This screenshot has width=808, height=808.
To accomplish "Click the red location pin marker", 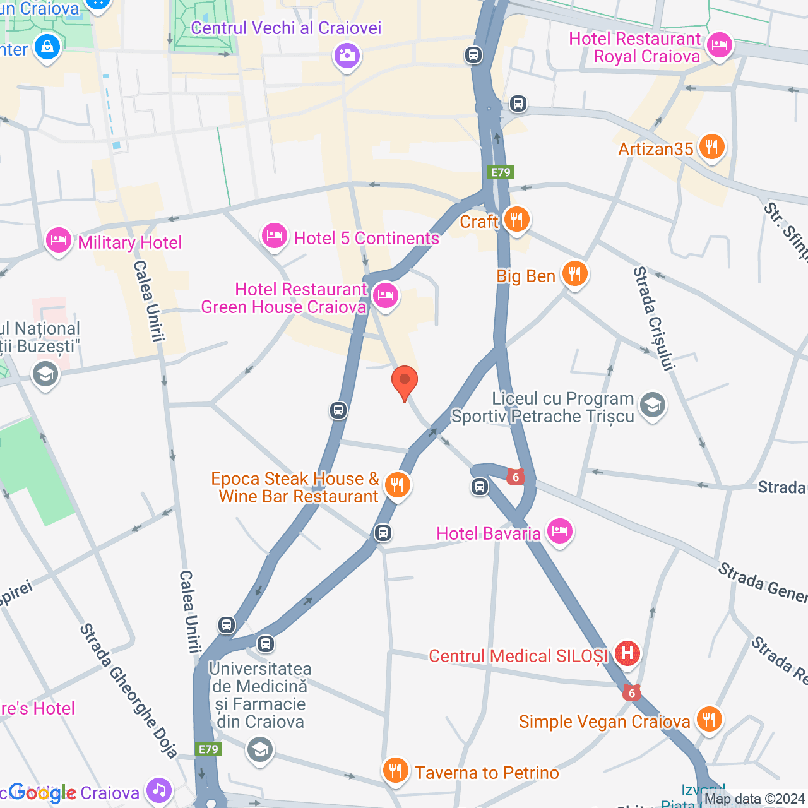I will tap(405, 382).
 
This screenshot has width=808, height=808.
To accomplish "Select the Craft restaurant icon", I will tap(516, 220).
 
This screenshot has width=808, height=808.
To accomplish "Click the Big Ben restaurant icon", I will tap(574, 274).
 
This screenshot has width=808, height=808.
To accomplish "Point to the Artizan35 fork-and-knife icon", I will tap(711, 147).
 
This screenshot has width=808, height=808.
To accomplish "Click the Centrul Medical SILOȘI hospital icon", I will tap(627, 653).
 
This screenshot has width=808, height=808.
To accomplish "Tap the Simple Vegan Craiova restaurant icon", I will tap(709, 719).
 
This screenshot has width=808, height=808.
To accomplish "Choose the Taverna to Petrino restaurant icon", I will tap(395, 771).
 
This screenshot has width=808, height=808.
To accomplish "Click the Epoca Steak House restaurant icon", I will tap(397, 485).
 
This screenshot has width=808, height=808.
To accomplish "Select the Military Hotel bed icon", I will tap(58, 241).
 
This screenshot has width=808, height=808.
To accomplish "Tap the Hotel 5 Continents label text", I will tap(366, 238).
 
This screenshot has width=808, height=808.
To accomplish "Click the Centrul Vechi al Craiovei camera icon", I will tap(347, 56).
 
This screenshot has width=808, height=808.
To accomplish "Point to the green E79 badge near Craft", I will tap(501, 172).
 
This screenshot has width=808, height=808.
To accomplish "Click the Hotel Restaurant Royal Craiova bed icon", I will tap(720, 45).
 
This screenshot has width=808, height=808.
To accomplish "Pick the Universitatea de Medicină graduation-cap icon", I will tap(259, 750).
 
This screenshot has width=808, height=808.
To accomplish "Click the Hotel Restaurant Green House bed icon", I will tap(385, 295).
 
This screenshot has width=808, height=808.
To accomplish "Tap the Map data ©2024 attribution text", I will tap(754, 799).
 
